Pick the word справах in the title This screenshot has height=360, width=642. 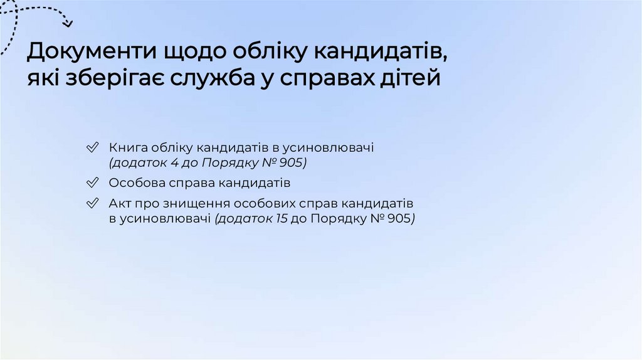click(329, 80)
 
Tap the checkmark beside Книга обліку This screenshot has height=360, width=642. click(92, 149)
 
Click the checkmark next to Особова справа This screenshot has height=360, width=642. click(92, 184)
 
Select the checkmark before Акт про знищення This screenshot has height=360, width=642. click(92, 204)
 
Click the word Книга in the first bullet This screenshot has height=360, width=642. click(126, 148)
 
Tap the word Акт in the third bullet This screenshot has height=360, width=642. click(119, 204)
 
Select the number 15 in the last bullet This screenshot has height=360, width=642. click(282, 219)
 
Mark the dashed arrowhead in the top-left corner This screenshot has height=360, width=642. click(68, 24)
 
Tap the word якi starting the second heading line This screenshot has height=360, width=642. click(41, 80)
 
